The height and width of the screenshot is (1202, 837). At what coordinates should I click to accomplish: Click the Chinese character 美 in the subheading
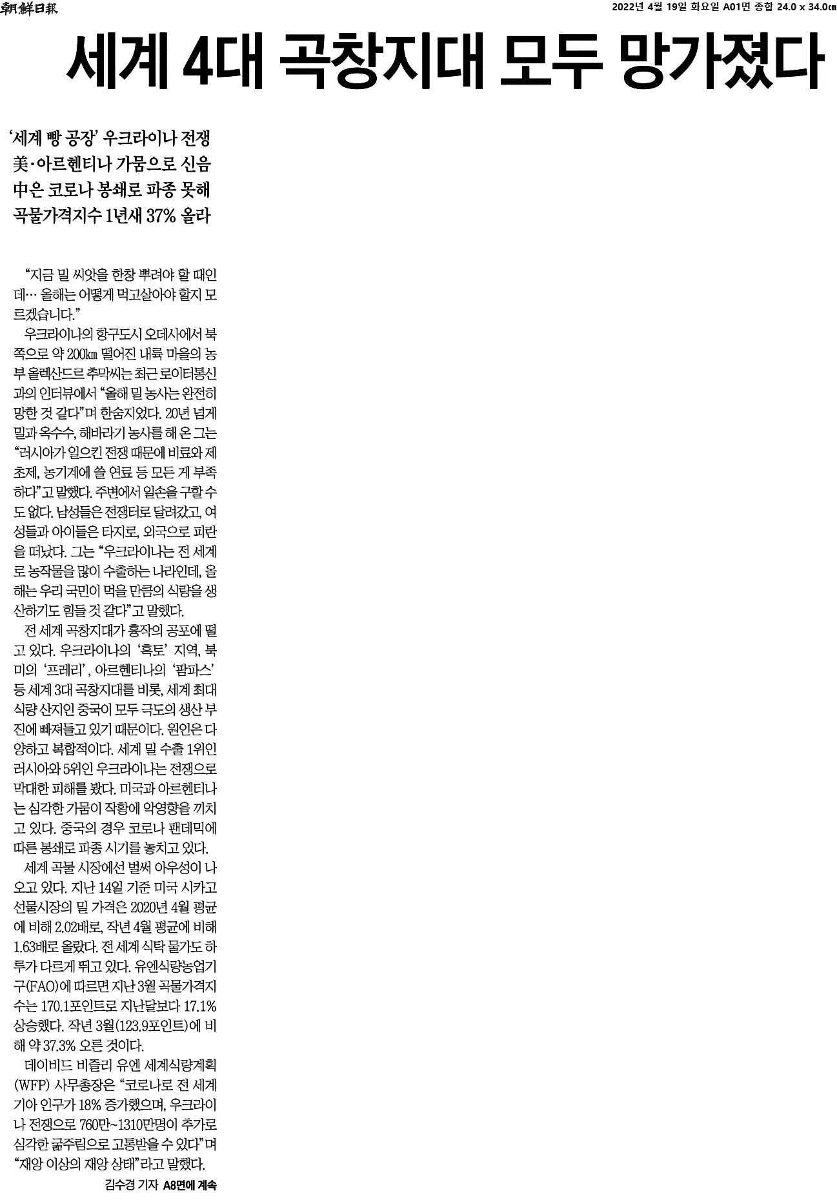[x=21, y=164]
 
